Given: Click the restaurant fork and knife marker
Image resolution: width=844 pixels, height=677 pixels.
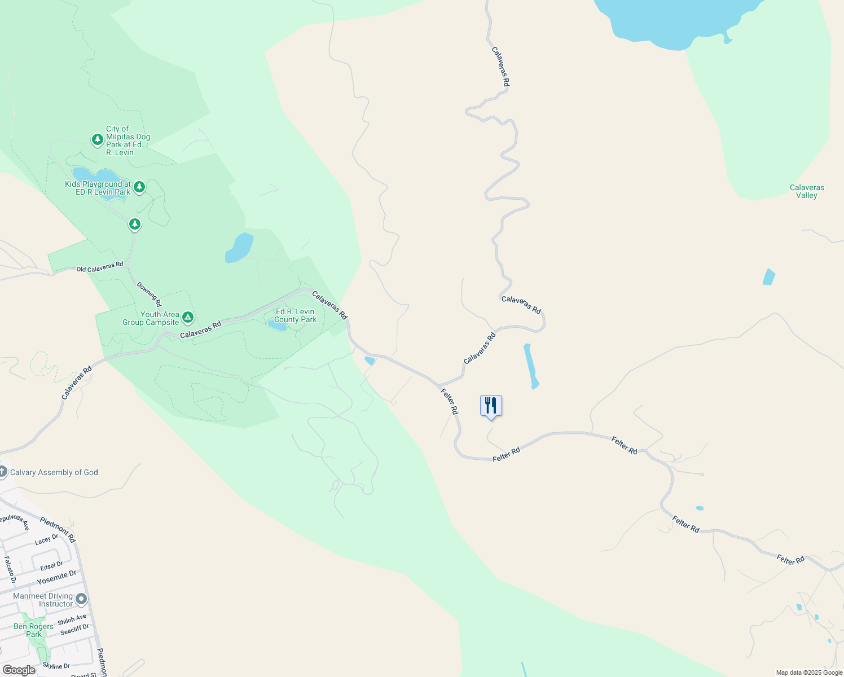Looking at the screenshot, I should coord(491,405).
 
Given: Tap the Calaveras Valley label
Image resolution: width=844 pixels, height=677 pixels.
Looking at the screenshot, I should coord(807,191).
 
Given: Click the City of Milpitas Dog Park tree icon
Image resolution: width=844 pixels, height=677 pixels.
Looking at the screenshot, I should coord(98,139).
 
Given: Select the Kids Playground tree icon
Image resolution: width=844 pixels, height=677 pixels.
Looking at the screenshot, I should coord(139,186).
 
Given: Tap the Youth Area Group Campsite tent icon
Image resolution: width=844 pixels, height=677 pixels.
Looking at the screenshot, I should coord(188,318).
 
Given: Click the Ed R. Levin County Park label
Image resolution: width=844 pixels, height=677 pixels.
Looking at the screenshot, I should coord(296,315).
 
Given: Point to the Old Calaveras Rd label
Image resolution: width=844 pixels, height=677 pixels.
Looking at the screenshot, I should coord(100,267).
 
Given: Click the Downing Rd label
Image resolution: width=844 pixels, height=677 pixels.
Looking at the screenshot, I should coord(149,294).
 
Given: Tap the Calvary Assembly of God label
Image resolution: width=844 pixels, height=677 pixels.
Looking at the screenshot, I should coord(54,472).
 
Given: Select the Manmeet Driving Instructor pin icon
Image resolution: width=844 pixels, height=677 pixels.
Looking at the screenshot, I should coord(82,599).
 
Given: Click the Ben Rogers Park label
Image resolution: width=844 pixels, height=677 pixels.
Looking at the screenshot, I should coord(34,630).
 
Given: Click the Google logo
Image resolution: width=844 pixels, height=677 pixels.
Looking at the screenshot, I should coord(19,670).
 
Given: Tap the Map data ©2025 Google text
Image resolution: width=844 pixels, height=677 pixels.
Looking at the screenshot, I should coord(809,672).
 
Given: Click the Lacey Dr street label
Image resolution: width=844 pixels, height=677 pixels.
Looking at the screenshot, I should coord(46,540).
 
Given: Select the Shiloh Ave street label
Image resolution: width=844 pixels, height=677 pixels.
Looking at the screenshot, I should coord(72,619).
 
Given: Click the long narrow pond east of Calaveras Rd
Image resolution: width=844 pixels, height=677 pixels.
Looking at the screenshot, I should coord(531,366).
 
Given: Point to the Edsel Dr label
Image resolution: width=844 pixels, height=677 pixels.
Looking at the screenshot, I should coord(51,565).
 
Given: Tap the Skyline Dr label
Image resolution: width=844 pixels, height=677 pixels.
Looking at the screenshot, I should coord(56,666).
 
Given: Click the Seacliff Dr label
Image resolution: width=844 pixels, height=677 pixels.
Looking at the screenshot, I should coord(74,629).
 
